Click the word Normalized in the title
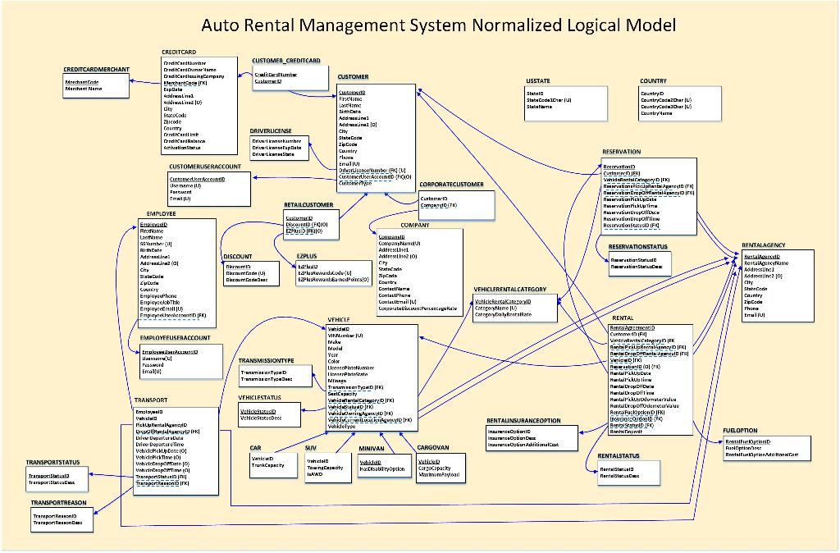click(516, 25)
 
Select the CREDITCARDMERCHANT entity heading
click(96, 70)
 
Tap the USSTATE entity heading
click(538, 81)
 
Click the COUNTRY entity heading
click(653, 81)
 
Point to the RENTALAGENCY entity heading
click(763, 245)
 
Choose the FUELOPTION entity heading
click(740, 431)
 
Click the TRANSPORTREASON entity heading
click(59, 501)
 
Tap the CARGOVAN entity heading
click(432, 448)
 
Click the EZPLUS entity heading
click(307, 257)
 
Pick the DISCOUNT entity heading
click(237, 257)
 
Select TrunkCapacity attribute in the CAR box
click(267, 465)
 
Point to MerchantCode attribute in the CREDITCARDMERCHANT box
click(82, 82)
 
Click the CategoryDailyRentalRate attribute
click(504, 315)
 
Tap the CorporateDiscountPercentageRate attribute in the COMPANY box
click(418, 308)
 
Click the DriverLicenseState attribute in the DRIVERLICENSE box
click(272, 154)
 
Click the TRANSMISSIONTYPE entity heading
click(266, 360)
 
